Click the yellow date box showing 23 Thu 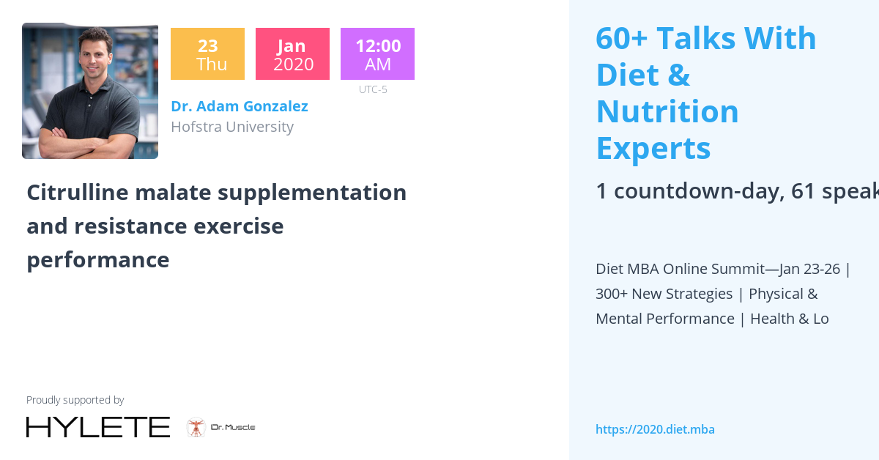tap(207, 54)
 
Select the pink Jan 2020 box tap(292, 54)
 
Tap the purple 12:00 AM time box tap(377, 54)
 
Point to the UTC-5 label tap(373, 89)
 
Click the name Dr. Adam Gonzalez tap(239, 106)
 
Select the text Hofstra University tap(231, 127)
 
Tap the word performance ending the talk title tap(97, 259)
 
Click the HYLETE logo tap(97, 427)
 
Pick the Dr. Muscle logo tap(221, 427)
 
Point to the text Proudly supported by tap(75, 400)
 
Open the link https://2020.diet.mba tap(655, 429)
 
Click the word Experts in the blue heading tap(653, 148)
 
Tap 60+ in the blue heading tap(620, 38)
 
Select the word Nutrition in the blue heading tap(667, 111)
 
